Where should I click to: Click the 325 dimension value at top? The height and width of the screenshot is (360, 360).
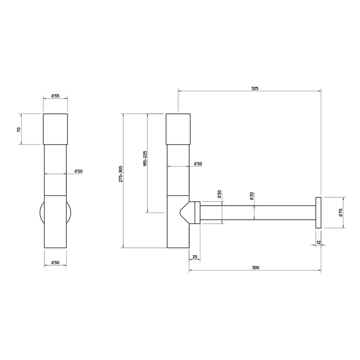255,89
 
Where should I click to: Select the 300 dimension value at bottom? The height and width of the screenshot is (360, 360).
255,267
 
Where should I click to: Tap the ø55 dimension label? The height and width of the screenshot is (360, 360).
55,96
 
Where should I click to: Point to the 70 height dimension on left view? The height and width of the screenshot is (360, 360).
19,130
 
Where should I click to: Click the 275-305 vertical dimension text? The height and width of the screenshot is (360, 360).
121,174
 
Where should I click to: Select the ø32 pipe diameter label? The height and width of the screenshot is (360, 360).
252,195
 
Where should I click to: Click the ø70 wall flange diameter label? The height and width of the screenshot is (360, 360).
340,213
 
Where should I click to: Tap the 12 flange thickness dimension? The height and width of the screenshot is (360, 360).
318,242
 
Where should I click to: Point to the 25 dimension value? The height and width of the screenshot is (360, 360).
194,257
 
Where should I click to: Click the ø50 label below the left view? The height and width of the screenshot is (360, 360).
55,263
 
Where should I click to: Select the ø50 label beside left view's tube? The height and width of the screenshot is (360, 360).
78,171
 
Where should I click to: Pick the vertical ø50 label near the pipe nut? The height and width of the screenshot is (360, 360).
219,194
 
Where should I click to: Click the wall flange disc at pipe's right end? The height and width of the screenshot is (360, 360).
318,213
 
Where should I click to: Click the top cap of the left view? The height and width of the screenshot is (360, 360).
55,129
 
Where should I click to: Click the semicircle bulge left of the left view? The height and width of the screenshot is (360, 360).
42,213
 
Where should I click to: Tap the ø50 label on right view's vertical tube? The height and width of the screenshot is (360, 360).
197,164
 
